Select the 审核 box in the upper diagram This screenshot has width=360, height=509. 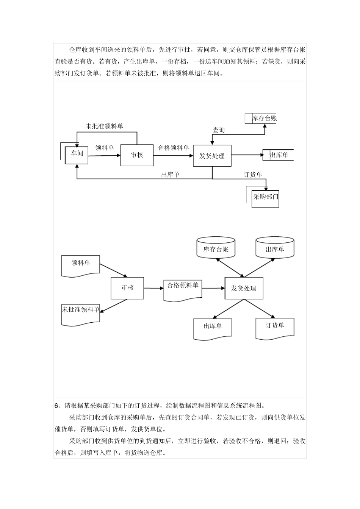pos(137,155)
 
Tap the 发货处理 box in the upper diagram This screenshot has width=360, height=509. pos(212,156)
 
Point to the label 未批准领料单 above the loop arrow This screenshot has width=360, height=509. pos(105,126)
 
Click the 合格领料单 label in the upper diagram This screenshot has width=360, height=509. pos(173,148)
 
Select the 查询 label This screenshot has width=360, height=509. pos(219,130)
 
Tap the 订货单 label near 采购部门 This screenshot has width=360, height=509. pos(253,175)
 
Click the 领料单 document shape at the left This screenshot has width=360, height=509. pos(81,265)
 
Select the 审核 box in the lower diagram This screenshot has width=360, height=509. pos(127,288)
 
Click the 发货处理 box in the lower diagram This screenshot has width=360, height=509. pos(244,288)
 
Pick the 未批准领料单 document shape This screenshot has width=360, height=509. pos(81,314)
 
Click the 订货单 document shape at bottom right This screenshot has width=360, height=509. pos(275,328)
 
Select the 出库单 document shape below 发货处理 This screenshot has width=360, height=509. pos(213,328)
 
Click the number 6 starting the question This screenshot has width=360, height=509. pos(56,405)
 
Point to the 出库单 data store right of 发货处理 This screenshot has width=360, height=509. pos(279,155)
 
